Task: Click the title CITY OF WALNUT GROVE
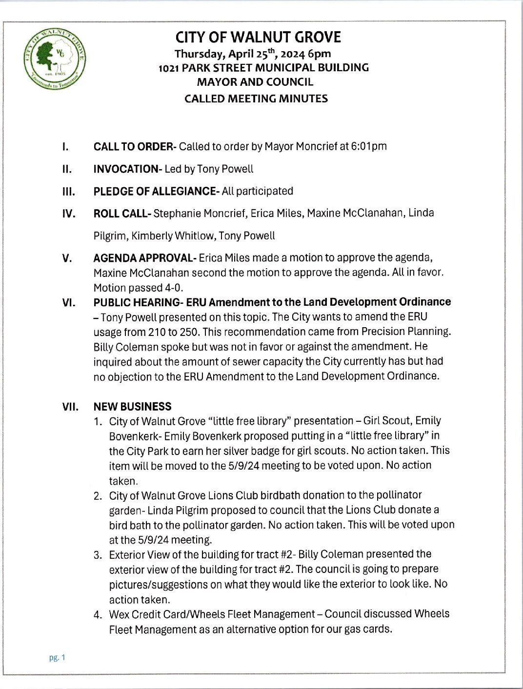coord(258,38)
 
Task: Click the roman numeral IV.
coord(68,214)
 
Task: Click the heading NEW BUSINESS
coord(132,406)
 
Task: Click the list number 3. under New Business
coord(98,554)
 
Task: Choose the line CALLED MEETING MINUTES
coord(256,98)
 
